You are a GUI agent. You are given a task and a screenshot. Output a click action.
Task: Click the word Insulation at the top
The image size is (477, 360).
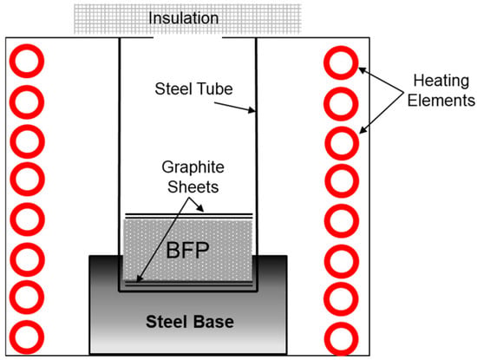184,18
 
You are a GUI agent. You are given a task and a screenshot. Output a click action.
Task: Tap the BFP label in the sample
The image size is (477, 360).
187,250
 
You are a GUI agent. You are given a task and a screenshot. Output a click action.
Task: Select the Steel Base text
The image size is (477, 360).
190,322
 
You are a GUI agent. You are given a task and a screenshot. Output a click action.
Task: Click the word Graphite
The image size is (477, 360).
193,167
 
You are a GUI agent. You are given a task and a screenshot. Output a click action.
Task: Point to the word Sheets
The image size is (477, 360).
193,187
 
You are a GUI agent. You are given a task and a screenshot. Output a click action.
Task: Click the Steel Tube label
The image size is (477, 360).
193,88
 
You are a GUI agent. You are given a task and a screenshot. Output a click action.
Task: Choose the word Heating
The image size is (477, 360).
441,82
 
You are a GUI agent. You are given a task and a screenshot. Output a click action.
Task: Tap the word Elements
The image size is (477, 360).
441,101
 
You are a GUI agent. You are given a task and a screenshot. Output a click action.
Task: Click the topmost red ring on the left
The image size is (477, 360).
27,61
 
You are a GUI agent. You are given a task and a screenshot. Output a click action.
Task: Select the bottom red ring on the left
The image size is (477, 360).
27,337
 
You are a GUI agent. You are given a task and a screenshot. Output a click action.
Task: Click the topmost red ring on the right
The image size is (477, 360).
341,62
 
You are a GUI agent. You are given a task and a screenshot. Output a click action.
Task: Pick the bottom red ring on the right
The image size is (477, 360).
342,338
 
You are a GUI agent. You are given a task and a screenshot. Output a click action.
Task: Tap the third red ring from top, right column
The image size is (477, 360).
342,143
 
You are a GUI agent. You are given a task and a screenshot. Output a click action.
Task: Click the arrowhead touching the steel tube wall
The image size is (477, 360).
252,110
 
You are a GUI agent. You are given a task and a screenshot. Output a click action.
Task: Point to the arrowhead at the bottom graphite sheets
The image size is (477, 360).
140,278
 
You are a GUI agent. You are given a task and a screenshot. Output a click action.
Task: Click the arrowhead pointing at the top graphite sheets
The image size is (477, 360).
200,208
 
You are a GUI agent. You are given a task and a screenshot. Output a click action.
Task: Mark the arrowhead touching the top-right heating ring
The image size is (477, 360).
363,70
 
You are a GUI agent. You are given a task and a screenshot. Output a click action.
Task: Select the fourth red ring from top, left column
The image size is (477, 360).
28,179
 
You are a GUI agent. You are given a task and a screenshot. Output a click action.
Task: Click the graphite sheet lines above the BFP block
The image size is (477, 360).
189,216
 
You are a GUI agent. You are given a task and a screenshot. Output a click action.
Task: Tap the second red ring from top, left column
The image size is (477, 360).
27,102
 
